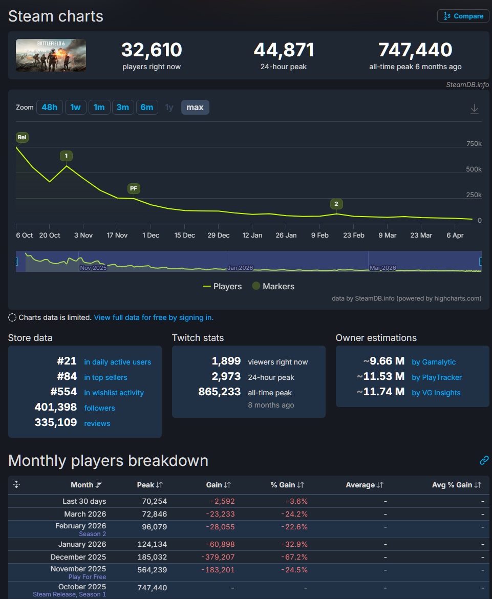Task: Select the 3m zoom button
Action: coord(123,108)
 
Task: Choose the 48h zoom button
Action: coord(50,108)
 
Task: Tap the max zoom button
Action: coord(195,108)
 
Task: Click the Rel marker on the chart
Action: coord(22,137)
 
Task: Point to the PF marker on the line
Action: coord(134,188)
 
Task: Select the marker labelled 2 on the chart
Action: coord(336,204)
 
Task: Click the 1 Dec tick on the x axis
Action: coord(151,236)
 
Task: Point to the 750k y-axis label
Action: coord(474,144)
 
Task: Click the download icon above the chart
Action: coord(474,109)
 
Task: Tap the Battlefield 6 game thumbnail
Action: coord(51,55)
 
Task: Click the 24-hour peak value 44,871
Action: coord(284,50)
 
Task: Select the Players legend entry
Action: coord(222,286)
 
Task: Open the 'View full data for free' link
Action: coord(154,317)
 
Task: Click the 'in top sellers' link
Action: coord(105,377)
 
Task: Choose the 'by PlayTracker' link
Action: coord(436,377)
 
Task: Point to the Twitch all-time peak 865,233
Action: coord(219,392)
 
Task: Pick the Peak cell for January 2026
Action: coord(152,544)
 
